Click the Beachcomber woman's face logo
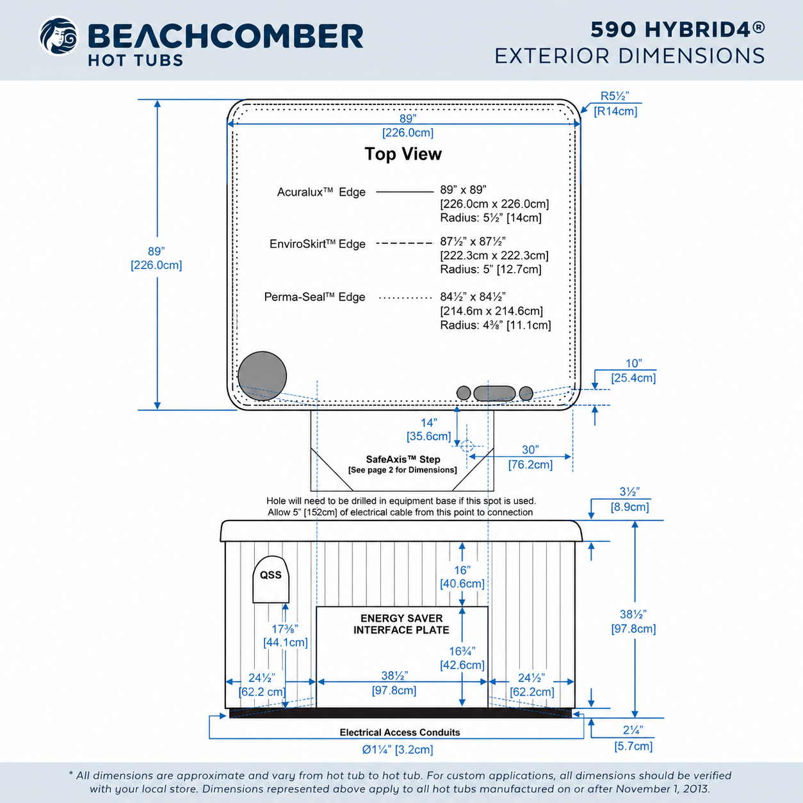pos(58,36)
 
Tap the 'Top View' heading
pos(403,154)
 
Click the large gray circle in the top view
pos(262,376)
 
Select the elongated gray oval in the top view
pos(494,393)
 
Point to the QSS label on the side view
pos(270,575)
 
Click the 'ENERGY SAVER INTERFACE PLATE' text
pos(401,624)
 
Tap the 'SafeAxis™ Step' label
pos(403,459)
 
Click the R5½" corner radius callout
pos(615,104)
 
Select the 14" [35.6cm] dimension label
pos(429,429)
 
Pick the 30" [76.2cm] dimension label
pos(530,457)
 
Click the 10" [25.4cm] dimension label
pos(633,371)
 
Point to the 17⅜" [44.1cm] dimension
pos(286,635)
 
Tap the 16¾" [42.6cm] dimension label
pos(462,658)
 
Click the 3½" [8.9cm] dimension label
pos(629,499)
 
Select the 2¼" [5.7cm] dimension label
pos(633,738)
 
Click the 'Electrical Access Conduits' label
pos(400,732)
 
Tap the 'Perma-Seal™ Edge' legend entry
pos(314,297)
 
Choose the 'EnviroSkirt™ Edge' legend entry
pos(318,244)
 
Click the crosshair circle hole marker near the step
pos(467,446)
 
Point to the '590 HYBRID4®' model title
pos(678,29)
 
